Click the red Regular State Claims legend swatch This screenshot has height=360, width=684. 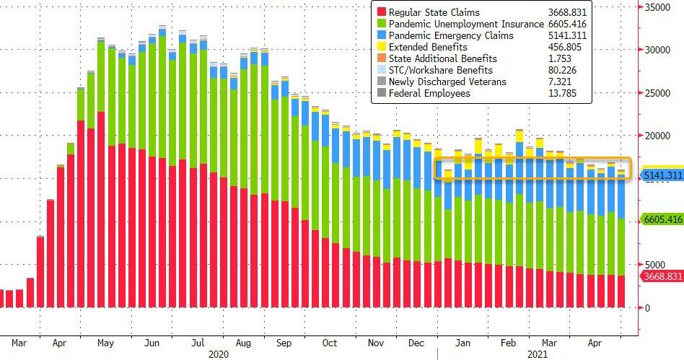380,13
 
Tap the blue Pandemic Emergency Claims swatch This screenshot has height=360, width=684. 380,36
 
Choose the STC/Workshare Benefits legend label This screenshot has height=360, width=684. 440,71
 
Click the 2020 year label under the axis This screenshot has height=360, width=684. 218,354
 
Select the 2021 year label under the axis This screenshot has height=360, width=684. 536,354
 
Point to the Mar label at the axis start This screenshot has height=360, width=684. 19,343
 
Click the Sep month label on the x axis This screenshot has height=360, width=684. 285,343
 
